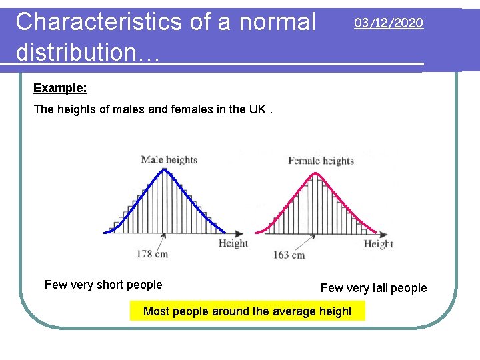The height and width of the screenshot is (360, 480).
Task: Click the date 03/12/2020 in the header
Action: pos(388,23)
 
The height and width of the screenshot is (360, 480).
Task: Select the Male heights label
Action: pos(169,159)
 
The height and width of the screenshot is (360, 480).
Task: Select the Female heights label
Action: pos(321,161)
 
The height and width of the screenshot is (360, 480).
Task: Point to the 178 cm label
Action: pos(153,253)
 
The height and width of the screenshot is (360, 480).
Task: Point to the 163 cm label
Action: pos(289,255)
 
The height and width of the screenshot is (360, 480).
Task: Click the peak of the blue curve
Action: pos(164,169)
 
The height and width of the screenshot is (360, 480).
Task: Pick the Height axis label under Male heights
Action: pos(233,243)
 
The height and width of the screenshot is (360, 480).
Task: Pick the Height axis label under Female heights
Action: pos(378,244)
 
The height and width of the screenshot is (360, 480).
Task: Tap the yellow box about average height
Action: pos(247,311)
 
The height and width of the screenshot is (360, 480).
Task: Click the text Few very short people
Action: pos(103,285)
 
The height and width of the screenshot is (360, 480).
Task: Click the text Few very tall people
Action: pos(373,288)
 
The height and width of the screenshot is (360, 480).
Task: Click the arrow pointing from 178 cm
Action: pos(162,240)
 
